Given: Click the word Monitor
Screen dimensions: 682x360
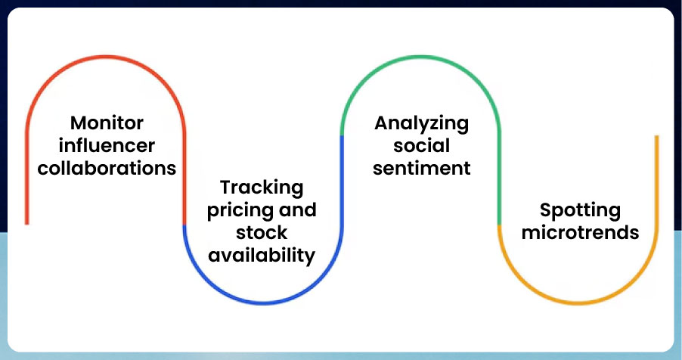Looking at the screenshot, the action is pyautogui.click(x=107, y=123).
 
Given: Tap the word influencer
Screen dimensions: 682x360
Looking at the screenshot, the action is pyautogui.click(x=107, y=145).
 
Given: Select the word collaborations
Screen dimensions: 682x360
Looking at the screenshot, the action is pyautogui.click(x=107, y=168).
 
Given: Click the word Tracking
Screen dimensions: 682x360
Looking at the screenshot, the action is pyautogui.click(x=262, y=188).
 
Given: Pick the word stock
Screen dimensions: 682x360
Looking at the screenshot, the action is pyautogui.click(x=262, y=233).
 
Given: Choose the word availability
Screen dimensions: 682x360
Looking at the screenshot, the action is pyautogui.click(x=262, y=256).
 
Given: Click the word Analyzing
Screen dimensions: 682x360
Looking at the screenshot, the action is pyautogui.click(x=421, y=124).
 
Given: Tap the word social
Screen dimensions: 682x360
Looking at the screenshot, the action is pyautogui.click(x=421, y=145).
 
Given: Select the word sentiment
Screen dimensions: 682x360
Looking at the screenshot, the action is pyautogui.click(x=421, y=168).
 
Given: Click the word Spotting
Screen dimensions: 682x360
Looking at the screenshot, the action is pyautogui.click(x=580, y=211).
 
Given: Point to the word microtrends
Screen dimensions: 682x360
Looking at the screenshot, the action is pyautogui.click(x=580, y=233).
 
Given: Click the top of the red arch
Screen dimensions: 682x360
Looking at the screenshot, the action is pyautogui.click(x=106, y=57).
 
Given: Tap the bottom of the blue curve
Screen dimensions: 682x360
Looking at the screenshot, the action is pyautogui.click(x=262, y=303).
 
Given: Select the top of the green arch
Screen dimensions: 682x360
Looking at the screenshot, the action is pyautogui.click(x=420, y=57).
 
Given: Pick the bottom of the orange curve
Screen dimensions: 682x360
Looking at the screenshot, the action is pyautogui.click(x=578, y=303).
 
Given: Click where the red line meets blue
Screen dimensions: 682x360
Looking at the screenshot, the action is pyautogui.click(x=184, y=225).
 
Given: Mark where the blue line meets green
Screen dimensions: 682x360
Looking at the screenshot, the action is pyautogui.click(x=342, y=136).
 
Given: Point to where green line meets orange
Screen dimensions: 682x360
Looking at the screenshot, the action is pyautogui.click(x=499, y=225).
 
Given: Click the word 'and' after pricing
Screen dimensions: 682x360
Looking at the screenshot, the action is pyautogui.click(x=298, y=210).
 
